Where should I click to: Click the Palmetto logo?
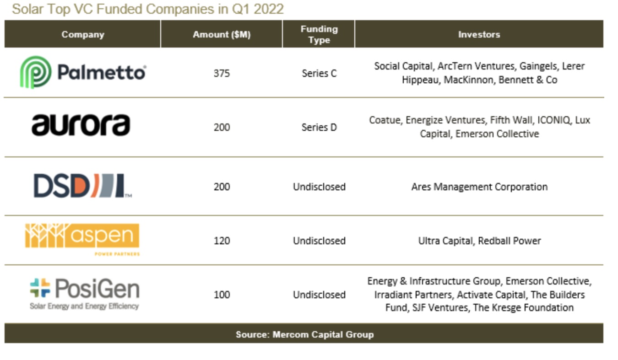pos(83,72)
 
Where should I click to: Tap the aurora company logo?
pos(81,125)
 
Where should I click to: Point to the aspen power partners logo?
pos(82,239)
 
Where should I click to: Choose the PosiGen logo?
pos(84,294)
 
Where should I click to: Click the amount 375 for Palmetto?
pos(222,73)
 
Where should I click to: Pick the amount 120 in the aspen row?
pos(222,241)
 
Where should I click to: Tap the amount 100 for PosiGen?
pos(222,295)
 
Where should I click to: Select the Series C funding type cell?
pos(319,73)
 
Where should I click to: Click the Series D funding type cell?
pos(319,127)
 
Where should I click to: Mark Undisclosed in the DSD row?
pos(319,187)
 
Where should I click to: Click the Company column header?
pos(83,34)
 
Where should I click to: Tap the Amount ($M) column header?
pos(222,34)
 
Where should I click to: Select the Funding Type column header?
pos(319,34)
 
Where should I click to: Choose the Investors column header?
pos(479,34)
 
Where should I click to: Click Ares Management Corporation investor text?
pos(479,187)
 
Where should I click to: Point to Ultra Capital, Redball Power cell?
pos(479,241)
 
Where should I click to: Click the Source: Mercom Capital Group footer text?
pos(304,334)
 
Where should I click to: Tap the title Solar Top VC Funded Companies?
pos(148,9)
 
